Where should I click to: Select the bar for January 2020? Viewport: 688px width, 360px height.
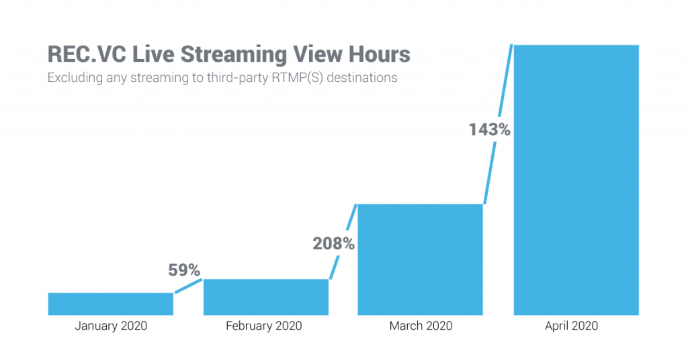point(111,304)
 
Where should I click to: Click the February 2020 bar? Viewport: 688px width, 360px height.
point(265,297)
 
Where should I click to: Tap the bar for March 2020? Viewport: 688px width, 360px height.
point(420,259)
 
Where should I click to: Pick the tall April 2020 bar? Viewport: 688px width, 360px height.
point(576,179)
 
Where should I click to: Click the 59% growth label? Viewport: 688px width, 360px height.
point(184,271)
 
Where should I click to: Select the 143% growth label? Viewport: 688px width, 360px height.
point(489,130)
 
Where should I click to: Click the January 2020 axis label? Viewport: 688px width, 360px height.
point(111,326)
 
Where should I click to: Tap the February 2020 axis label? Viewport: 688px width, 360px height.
point(264,326)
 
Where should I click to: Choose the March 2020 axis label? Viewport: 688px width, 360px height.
point(421,326)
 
